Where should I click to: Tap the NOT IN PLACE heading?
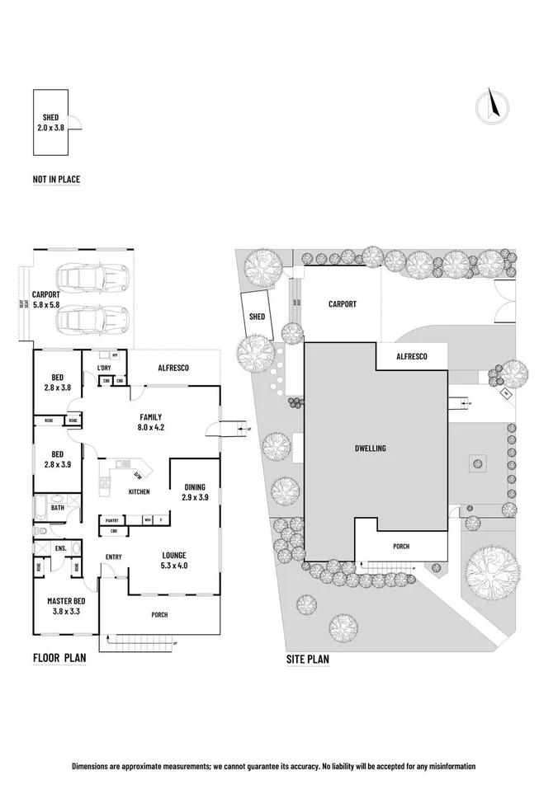coord(56,179)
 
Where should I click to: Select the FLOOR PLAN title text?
coord(59,658)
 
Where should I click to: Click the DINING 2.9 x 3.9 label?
coord(195,492)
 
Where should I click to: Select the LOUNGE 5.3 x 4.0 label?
coord(173,560)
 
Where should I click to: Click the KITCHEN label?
coord(139,492)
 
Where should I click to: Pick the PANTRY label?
coord(112,520)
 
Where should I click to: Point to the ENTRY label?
coord(114,557)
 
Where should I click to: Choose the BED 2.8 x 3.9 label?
coord(58,458)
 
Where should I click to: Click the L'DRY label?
coord(104,367)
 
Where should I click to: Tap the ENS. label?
coord(60,547)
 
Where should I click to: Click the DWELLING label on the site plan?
coord(371,448)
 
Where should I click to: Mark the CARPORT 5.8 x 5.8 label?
coord(46,298)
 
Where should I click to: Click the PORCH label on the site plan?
coord(400,546)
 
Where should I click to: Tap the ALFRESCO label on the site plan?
coord(411,356)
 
